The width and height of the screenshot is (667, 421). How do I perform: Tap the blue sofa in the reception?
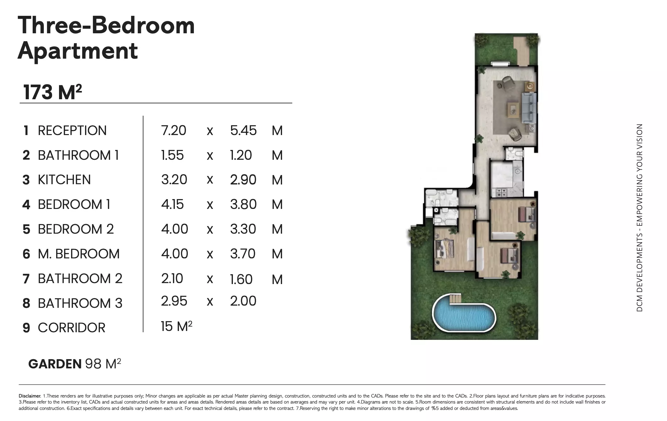(x=529, y=108)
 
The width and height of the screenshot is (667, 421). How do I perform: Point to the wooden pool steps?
(x=455, y=298)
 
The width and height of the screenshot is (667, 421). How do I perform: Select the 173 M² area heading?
(x=53, y=92)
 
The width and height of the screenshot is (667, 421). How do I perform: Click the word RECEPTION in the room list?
(x=72, y=131)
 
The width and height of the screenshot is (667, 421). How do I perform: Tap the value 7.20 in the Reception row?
(x=174, y=131)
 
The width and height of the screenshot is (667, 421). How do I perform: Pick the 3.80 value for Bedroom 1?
(x=243, y=204)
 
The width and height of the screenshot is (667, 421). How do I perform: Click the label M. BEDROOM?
(x=78, y=254)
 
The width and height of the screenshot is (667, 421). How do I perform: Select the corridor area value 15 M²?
(x=176, y=326)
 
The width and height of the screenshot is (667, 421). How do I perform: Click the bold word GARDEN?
(x=55, y=364)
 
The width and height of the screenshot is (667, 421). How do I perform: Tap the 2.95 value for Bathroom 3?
(x=174, y=301)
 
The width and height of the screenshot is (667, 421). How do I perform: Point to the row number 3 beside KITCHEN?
(x=26, y=180)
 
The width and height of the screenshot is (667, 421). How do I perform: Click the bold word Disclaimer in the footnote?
(x=30, y=396)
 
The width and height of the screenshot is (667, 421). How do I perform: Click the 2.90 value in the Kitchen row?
(x=243, y=180)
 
